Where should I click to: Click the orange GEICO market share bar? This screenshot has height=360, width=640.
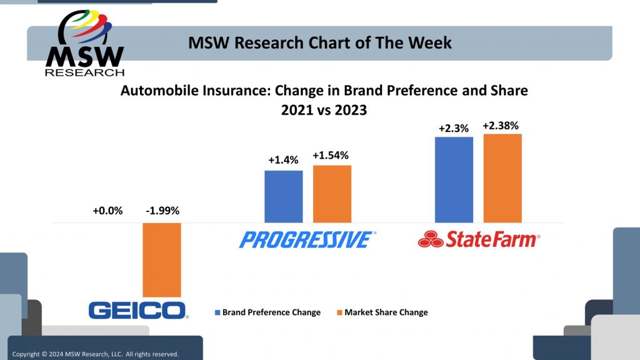point(162,259)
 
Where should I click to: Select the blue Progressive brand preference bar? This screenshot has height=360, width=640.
point(283,196)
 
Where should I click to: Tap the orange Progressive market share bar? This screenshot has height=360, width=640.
point(332,194)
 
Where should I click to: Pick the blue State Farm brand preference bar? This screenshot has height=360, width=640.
point(454,179)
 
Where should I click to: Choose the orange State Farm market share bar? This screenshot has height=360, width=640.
point(502,178)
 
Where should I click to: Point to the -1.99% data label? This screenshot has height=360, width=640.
point(162,211)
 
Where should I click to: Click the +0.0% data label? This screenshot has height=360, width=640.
point(107,211)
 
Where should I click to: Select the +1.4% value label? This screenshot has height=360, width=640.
point(283,160)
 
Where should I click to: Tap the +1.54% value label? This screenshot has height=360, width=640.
point(332,155)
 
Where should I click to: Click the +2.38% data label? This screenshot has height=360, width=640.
point(502,126)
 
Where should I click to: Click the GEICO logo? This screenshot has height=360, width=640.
point(138,310)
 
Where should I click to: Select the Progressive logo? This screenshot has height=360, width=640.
point(307,239)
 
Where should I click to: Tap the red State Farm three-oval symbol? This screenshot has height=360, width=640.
point(431,239)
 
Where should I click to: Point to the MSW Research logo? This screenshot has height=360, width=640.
point(84,44)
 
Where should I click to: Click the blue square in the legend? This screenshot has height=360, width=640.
point(217,312)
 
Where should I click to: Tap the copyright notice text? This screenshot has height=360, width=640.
point(95,354)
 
